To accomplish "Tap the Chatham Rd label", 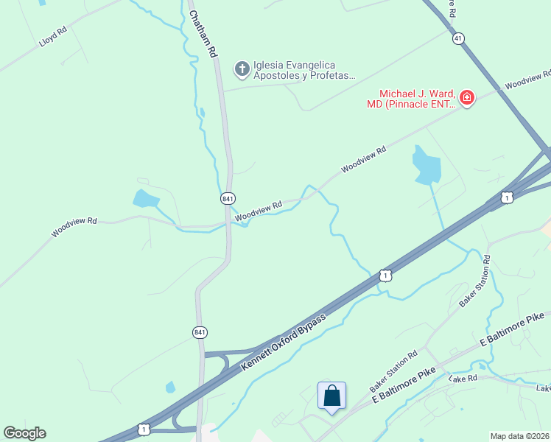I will point(203,34).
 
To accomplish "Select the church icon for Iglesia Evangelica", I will point(241,69).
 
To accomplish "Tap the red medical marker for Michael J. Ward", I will point(466,97).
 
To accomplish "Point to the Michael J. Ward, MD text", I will point(416,98).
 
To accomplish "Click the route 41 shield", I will point(458,38).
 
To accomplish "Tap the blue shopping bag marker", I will point(331,396).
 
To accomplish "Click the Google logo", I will point(24,433).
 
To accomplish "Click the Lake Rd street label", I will point(463,378).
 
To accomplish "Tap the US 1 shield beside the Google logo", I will point(144,429).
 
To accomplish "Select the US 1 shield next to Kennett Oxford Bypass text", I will point(385,275).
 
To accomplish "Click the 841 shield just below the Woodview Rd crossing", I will point(228,199).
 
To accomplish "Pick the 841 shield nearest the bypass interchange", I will point(200,332).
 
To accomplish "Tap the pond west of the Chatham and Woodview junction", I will point(146,199).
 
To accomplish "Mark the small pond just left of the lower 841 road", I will point(171,387).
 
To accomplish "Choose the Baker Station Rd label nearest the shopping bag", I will point(393,370).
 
